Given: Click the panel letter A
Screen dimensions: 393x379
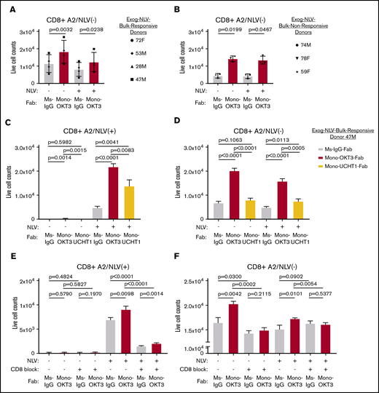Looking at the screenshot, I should coord(7,7).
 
